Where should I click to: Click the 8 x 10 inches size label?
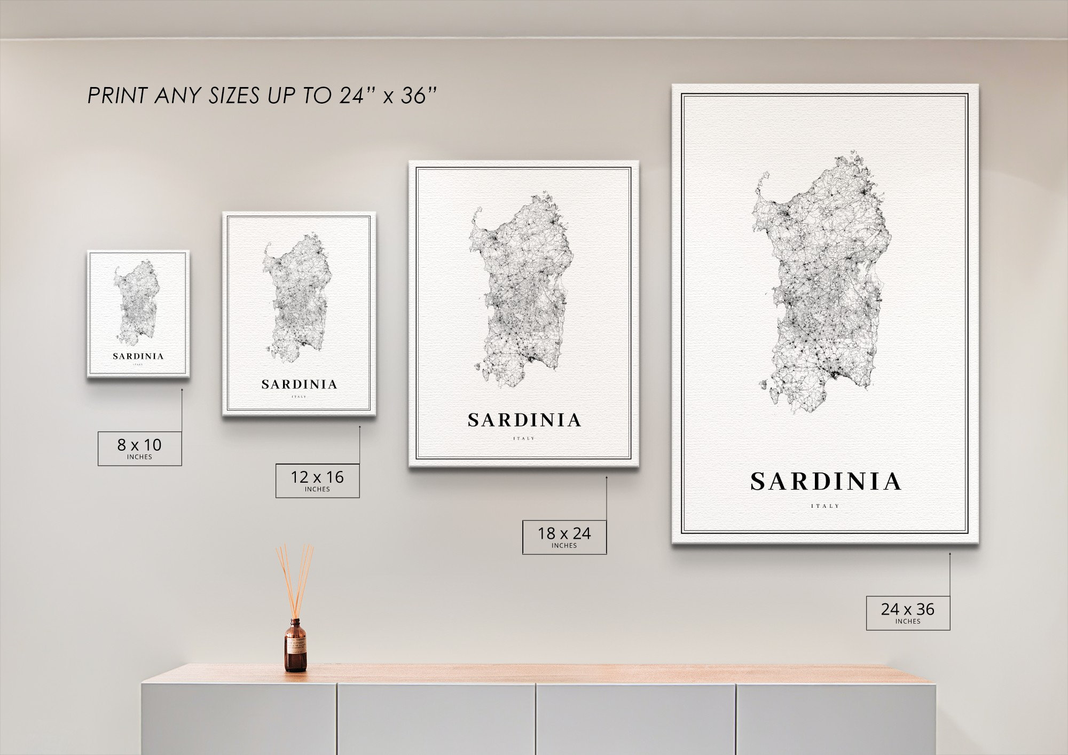tap(139, 448)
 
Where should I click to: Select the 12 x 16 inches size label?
tap(317, 480)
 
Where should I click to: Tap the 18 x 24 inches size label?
tap(564, 537)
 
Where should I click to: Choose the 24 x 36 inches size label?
tap(908, 612)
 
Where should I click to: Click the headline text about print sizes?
tap(262, 96)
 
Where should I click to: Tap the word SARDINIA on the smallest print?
tap(138, 356)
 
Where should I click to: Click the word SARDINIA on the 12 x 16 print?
tap(299, 384)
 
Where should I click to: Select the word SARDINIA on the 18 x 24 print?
tap(524, 421)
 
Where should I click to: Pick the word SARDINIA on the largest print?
tap(826, 482)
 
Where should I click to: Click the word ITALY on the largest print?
tap(826, 506)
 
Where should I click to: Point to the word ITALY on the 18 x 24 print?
tap(524, 438)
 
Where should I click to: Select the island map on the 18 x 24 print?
tap(521, 291)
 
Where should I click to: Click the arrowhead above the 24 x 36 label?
tap(950, 554)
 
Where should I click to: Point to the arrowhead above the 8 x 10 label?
tap(182, 390)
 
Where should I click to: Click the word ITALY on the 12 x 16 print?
tap(299, 397)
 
